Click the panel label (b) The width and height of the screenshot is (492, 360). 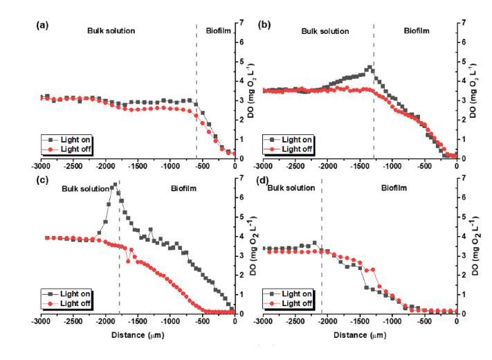click(x=264, y=25)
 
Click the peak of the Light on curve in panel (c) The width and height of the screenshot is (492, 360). click(x=116, y=185)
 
